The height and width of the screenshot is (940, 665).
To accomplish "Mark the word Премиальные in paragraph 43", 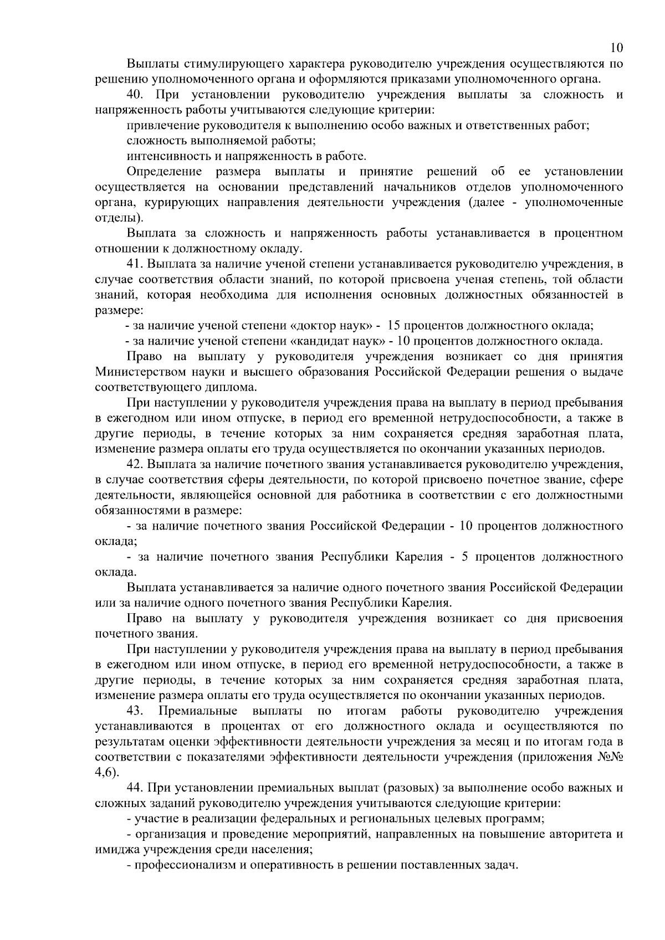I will point(198,711).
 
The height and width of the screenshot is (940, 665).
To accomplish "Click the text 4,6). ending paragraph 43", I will point(107,772).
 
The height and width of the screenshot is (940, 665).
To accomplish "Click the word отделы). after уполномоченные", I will point(115,218).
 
